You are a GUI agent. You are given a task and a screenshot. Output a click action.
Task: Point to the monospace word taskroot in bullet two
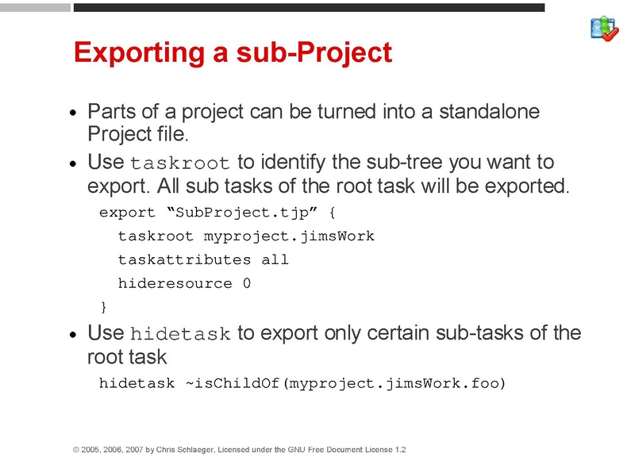click(179, 163)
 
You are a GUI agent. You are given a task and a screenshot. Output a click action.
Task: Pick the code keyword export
click(127, 213)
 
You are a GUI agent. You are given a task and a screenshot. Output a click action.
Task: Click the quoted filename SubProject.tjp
click(235, 213)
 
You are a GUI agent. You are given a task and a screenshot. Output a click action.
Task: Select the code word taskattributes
click(184, 259)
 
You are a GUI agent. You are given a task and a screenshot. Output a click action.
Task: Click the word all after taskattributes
click(275, 259)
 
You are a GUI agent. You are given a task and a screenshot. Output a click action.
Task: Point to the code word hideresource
click(175, 283)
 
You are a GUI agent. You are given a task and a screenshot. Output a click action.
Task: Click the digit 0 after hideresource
click(247, 283)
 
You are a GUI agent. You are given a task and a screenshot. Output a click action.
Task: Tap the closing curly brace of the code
click(103, 306)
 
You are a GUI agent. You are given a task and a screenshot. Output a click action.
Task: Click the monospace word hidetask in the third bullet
click(179, 333)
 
